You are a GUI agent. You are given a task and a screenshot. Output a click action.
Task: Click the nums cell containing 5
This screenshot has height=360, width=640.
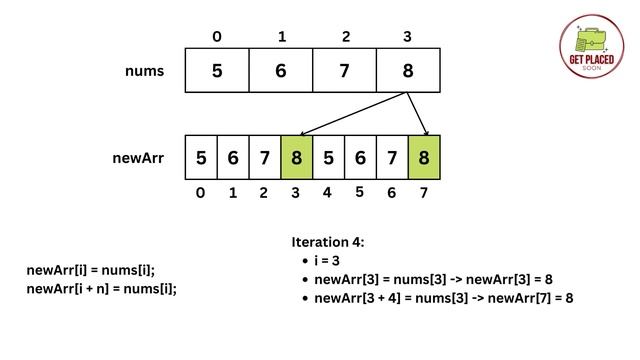[217, 71]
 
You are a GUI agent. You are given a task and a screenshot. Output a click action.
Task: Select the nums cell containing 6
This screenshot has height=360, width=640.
[281, 71]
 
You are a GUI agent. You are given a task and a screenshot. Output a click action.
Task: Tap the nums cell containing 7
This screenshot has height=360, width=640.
[345, 71]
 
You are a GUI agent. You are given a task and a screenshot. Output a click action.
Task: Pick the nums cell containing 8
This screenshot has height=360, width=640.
[408, 71]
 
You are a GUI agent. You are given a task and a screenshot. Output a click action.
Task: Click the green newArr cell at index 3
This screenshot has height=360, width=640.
[296, 158]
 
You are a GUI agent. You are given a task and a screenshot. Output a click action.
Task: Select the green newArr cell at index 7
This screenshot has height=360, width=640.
[424, 158]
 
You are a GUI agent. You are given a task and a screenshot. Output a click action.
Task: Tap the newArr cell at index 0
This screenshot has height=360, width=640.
[201, 158]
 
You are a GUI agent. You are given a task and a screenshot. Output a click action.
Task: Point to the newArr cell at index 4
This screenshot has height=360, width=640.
[328, 158]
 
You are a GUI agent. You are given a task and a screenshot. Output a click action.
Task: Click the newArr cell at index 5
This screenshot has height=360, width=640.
[360, 158]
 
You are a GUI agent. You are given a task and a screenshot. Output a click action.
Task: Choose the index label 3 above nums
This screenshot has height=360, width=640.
[407, 37]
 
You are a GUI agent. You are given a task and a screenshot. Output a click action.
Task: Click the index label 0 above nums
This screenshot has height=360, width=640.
[217, 37]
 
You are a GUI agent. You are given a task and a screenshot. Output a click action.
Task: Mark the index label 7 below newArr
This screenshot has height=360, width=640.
[424, 193]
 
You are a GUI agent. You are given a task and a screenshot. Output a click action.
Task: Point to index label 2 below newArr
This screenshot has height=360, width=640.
[264, 193]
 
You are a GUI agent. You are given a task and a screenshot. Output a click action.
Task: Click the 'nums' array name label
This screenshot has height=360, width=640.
[145, 71]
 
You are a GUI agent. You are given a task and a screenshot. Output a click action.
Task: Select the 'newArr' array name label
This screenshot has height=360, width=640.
[138, 158]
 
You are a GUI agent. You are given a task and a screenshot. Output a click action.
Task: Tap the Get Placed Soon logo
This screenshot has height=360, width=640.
[591, 47]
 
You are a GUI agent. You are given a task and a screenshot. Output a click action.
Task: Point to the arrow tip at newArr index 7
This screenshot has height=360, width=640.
[427, 134]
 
